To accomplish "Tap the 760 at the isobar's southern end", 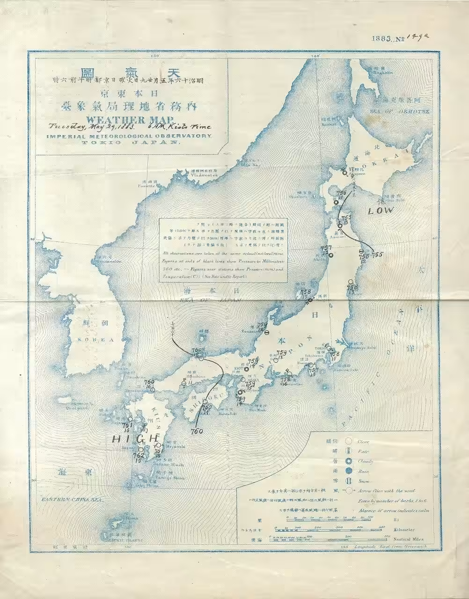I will click(x=197, y=431).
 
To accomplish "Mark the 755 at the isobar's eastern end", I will click(x=378, y=255).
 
